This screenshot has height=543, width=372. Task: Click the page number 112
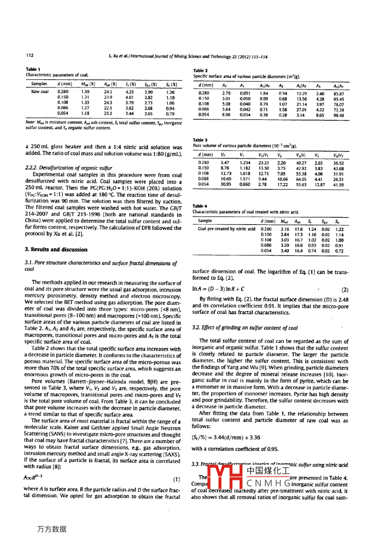point(30,55)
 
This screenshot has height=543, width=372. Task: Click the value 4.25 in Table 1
point(130,91)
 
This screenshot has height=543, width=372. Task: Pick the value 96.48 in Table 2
point(338,115)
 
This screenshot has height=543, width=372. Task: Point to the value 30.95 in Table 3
point(225,185)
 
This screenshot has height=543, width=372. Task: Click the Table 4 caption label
point(200,206)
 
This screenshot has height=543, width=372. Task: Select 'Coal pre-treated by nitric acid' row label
point(226,229)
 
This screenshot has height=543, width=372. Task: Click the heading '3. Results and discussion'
point(56,249)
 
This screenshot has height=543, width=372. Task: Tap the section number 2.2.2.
point(33,168)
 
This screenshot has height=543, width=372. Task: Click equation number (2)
point(345,290)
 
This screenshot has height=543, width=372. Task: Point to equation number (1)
point(176,480)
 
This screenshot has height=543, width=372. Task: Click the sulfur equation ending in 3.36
point(226,438)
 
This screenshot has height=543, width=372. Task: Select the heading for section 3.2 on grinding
point(245,328)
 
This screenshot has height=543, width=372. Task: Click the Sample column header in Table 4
point(205,221)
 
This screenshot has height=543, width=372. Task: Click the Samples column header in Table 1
point(39,84)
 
